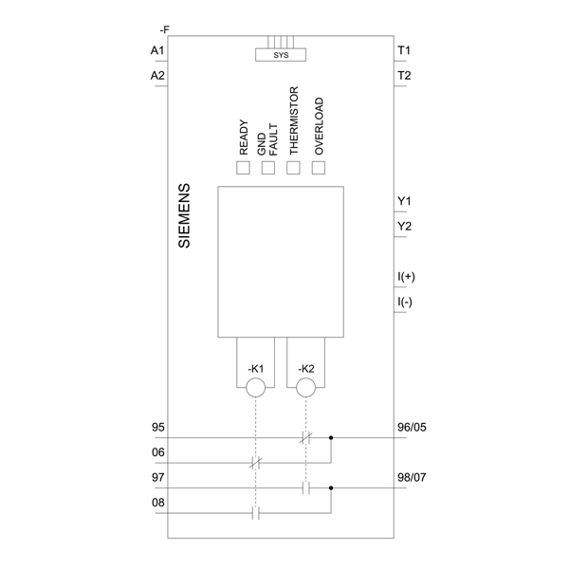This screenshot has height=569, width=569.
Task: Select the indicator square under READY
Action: [x=243, y=168]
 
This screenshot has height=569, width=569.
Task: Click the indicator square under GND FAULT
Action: [x=268, y=168]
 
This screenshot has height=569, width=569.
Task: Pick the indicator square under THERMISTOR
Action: [x=294, y=168]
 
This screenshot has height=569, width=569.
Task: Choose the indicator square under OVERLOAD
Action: [x=319, y=168]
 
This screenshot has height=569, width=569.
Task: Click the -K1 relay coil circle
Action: [x=255, y=387]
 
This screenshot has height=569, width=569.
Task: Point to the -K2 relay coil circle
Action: [x=305, y=387]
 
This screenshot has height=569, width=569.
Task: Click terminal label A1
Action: [x=157, y=49]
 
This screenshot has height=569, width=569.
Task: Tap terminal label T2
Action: [x=404, y=75]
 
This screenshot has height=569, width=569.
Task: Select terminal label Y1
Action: [x=404, y=201]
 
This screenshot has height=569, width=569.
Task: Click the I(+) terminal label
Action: [x=407, y=277]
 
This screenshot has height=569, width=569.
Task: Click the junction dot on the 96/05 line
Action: [x=331, y=438]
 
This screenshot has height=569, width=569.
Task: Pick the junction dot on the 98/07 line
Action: [x=331, y=488]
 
